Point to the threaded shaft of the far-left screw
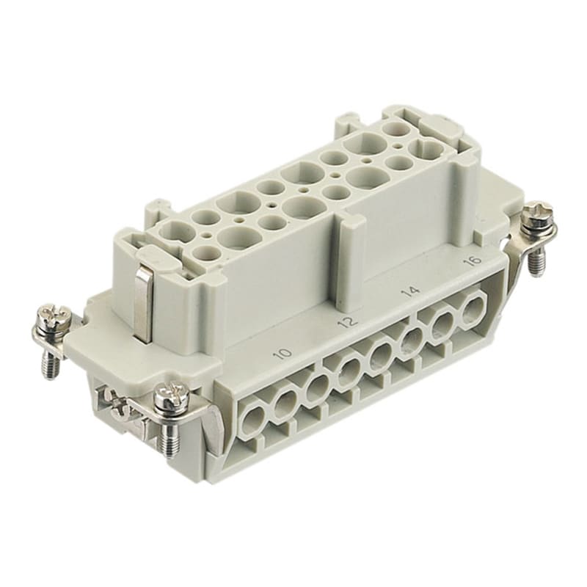(51, 360)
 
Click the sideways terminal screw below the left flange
(117, 404)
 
